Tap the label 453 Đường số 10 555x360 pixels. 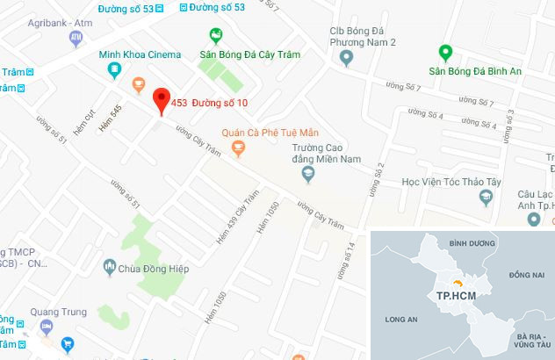(210, 103)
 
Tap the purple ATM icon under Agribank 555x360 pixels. (76, 38)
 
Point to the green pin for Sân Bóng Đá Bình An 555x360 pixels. (446, 51)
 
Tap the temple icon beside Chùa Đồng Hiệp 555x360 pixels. (108, 266)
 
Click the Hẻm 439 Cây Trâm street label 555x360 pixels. (226, 220)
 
